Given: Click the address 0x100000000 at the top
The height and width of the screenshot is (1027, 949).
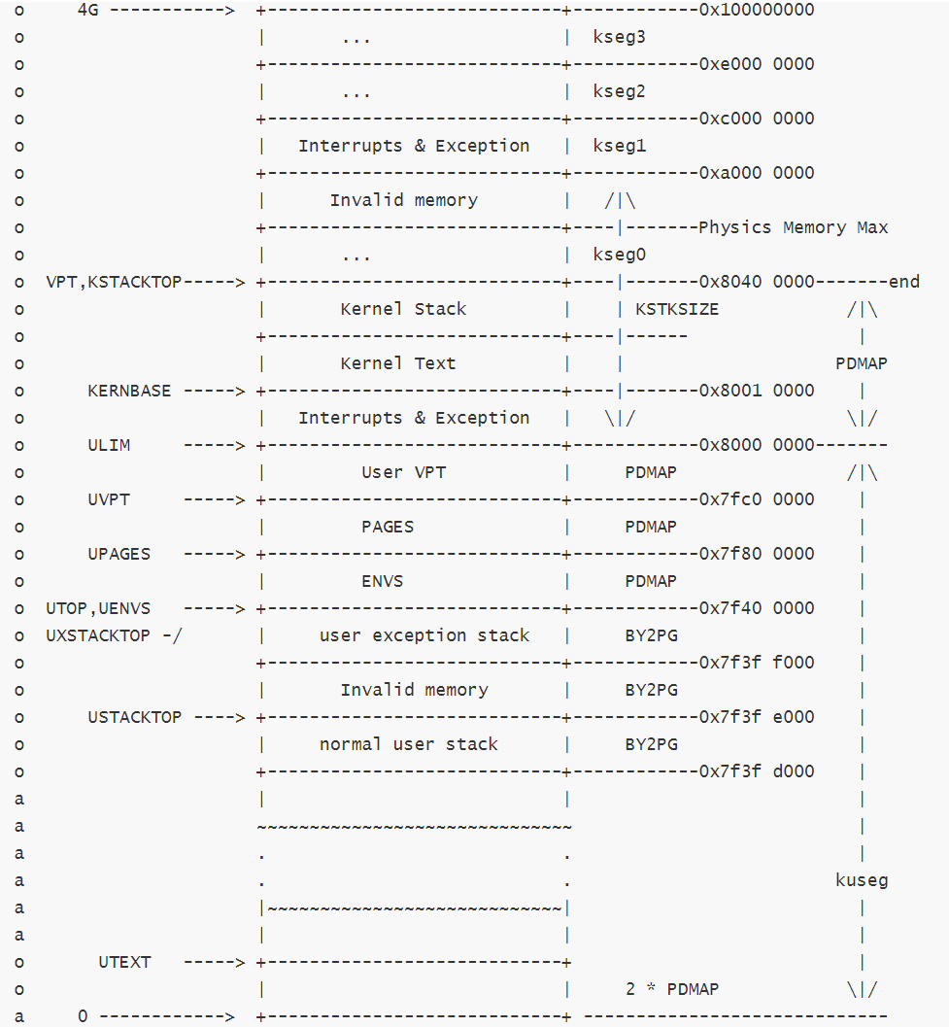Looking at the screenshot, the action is [x=756, y=10].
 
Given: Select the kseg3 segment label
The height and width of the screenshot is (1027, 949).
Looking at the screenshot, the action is [x=619, y=37].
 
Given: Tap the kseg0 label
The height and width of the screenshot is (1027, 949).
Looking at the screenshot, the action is [x=619, y=255].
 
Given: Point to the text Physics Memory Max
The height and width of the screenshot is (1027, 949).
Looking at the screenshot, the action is [x=793, y=227].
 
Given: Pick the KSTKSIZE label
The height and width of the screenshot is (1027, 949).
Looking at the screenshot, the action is [x=677, y=309].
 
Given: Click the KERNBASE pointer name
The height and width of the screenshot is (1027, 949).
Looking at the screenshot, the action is [x=129, y=391].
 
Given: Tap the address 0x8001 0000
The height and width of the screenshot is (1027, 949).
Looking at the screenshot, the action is [x=756, y=391].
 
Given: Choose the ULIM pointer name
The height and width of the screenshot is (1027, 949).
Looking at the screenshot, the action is [x=109, y=445].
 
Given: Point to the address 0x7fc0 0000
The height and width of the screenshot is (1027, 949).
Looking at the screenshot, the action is [x=756, y=499].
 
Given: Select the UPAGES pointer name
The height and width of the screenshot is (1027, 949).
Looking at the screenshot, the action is [x=119, y=554].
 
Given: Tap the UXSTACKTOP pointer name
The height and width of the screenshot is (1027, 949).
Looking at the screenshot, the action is [x=98, y=635].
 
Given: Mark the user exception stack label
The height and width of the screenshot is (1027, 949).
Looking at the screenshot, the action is [x=424, y=635].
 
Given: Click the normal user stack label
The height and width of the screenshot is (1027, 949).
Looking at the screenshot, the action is [x=408, y=744].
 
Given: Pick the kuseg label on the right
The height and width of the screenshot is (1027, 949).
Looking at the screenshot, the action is [x=862, y=880].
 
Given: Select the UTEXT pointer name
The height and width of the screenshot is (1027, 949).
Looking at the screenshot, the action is [x=124, y=962].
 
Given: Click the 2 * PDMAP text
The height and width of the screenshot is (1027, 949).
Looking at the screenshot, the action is [x=672, y=989].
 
